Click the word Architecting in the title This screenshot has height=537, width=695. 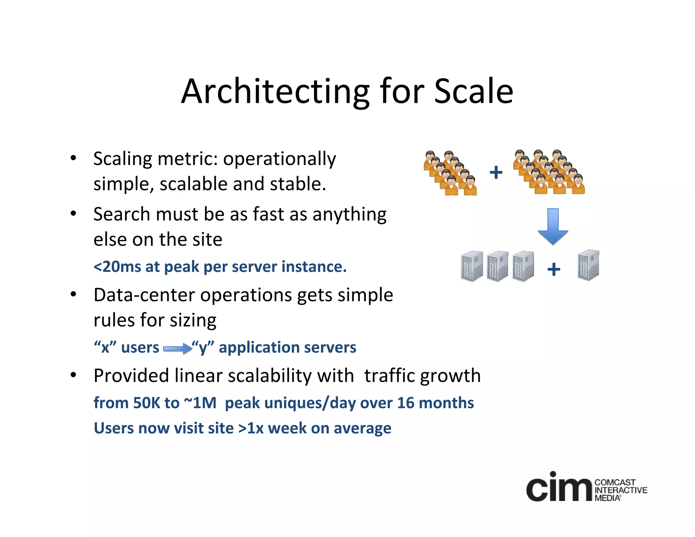[x=275, y=92]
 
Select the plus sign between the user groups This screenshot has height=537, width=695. [x=496, y=172]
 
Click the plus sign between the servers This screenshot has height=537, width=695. [x=553, y=269]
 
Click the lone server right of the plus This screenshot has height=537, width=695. [x=588, y=265]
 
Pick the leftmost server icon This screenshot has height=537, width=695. [x=472, y=266]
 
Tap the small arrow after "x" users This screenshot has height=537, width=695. [x=177, y=349]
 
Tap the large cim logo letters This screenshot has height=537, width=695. [x=559, y=487]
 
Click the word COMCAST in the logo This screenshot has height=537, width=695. [x=615, y=482]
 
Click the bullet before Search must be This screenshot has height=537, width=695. [x=73, y=214]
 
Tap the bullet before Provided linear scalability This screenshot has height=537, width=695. [x=73, y=375]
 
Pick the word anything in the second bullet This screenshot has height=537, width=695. [x=349, y=215]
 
